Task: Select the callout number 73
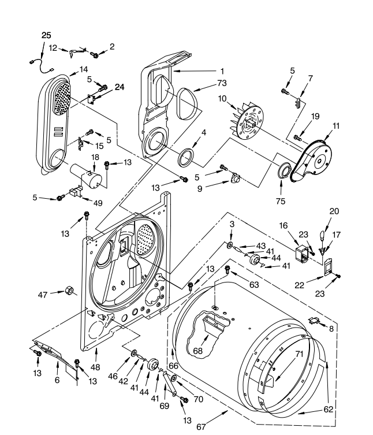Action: (206, 83)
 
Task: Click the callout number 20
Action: (334, 211)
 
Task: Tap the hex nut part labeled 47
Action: (69, 290)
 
